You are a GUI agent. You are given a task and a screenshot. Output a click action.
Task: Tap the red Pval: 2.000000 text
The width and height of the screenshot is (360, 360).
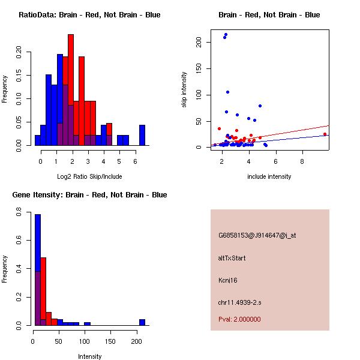pyautogui.click(x=239, y=319)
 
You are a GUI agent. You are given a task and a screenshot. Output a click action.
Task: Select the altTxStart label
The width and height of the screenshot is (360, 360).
pyautogui.click(x=232, y=258)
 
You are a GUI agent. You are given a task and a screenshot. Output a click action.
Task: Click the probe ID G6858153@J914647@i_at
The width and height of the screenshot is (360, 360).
pyautogui.click(x=257, y=235)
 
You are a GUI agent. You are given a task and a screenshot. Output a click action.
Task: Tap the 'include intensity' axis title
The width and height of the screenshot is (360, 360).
pyautogui.click(x=269, y=176)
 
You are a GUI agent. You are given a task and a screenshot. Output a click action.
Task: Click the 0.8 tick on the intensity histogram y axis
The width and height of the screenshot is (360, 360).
pyautogui.click(x=19, y=212)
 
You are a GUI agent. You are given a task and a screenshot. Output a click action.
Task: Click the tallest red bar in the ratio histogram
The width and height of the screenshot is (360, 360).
pyautogui.click(x=71, y=90)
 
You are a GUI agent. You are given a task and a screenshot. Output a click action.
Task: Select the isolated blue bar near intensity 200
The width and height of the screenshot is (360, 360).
pyautogui.click(x=142, y=322)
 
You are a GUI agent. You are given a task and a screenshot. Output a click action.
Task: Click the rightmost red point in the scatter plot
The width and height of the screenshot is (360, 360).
pyautogui.click(x=325, y=134)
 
